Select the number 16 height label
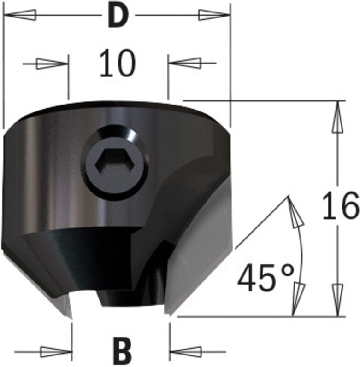coord(340,206)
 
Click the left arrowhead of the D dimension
coord(21,15)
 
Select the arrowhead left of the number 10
coord(51,64)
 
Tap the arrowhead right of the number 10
coord(185,62)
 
